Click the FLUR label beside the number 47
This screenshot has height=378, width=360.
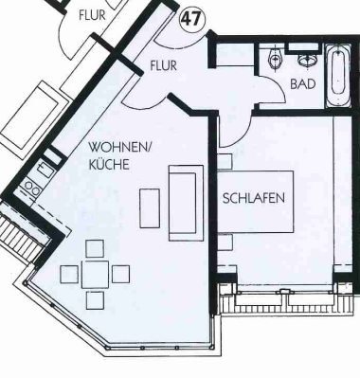[x=93, y=14]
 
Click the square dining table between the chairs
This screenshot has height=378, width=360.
[x=94, y=275]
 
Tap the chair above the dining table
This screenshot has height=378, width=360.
[x=95, y=248]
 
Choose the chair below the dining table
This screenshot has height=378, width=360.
[x=95, y=301]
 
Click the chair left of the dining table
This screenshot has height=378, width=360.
[x=68, y=275]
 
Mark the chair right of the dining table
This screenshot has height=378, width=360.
[x=120, y=274]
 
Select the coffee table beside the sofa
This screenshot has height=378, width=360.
[x=149, y=207]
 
